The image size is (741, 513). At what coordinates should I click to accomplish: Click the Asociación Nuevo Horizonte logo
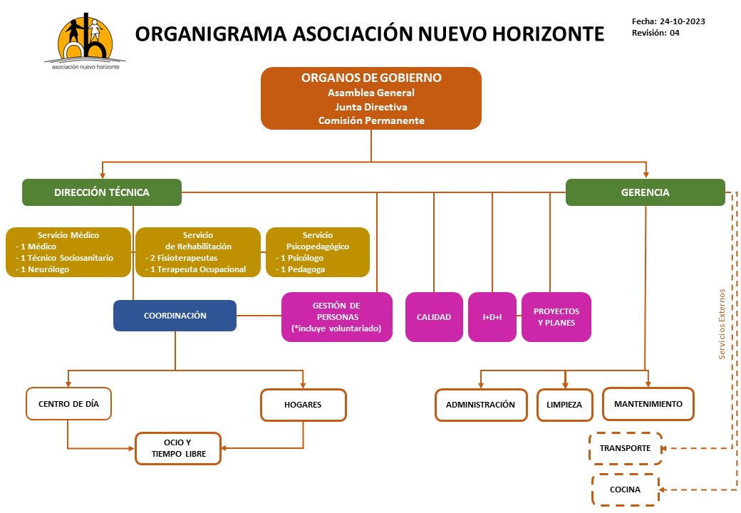[x=85, y=41]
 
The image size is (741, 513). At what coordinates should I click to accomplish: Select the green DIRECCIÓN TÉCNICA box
[x=102, y=192]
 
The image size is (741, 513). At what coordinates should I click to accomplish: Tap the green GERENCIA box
[x=645, y=192]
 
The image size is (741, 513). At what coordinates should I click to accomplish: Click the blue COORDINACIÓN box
[x=175, y=316]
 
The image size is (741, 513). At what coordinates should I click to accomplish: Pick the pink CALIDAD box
[x=434, y=317]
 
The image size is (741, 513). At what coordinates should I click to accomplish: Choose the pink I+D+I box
[x=492, y=317]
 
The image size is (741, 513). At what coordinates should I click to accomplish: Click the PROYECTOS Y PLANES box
[x=556, y=317]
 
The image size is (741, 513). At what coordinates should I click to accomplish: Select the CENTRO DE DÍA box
[x=68, y=404]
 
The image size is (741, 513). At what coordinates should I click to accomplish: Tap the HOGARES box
[x=303, y=405]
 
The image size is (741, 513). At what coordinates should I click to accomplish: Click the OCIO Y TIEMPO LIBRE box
[x=178, y=448]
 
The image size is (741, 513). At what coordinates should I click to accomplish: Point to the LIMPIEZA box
[x=564, y=405]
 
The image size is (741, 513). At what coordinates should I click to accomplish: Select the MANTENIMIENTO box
[x=648, y=404]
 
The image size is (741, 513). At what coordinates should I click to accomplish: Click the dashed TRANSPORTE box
[x=625, y=448]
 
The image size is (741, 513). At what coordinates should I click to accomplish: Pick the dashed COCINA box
[x=625, y=490]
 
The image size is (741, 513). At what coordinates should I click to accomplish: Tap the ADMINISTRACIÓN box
[x=481, y=405]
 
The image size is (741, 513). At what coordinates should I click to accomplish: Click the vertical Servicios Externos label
[x=722, y=324]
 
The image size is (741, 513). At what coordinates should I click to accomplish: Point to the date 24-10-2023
[x=683, y=21]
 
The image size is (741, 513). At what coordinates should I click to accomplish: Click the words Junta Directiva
[x=371, y=107]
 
